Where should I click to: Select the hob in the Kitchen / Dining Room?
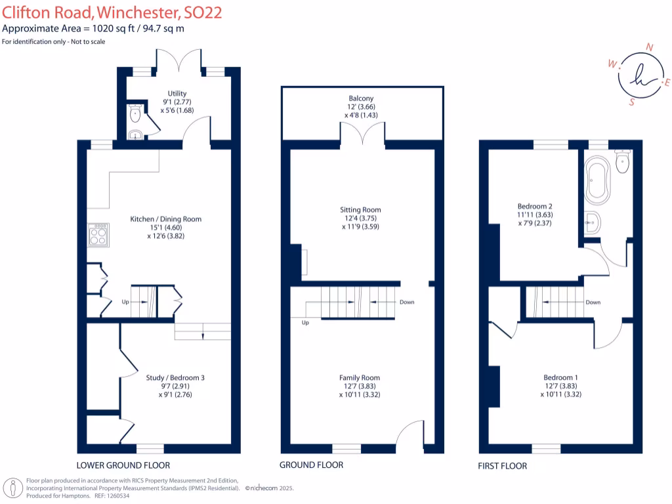98,234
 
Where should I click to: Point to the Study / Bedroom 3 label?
175,377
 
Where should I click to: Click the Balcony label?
361,98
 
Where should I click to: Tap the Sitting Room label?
361,210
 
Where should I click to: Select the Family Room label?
360,377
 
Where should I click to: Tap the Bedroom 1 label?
560,377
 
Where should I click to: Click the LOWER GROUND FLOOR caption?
123,465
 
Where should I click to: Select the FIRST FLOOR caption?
503,466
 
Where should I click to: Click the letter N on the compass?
650,47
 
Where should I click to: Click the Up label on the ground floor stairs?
305,323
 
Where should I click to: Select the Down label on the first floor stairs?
593,303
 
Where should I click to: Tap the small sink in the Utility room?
135,135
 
